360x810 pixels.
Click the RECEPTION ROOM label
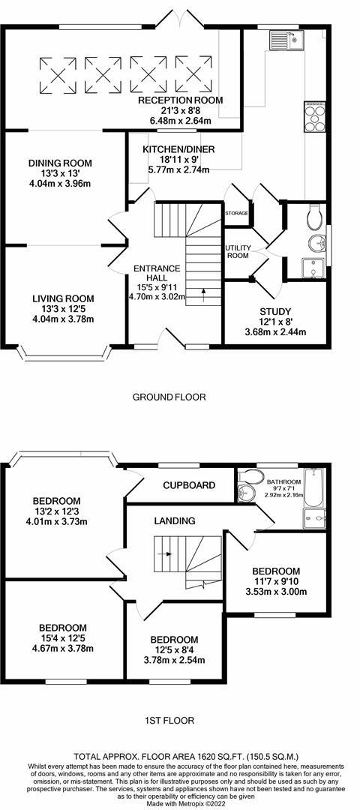click(x=180, y=100)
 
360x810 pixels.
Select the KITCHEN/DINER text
click(x=178, y=149)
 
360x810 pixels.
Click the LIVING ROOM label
click(x=61, y=298)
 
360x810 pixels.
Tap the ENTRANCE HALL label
click(x=157, y=268)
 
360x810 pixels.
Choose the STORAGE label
click(x=236, y=213)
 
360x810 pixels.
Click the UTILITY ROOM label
click(x=237, y=251)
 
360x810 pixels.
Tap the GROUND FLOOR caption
click(x=169, y=397)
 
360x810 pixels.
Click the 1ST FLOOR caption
click(x=169, y=721)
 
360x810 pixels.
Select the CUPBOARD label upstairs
click(x=190, y=485)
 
